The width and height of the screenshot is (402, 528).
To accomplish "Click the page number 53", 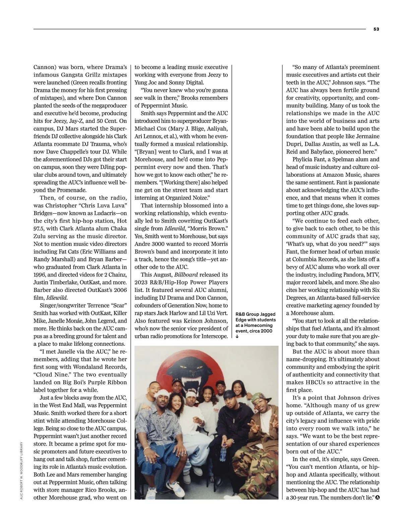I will pyautogui.click(x=376, y=29).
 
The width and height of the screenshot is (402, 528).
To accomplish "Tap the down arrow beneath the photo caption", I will pyautogui.click(x=237, y=337).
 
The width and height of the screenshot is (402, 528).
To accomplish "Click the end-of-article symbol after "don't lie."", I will pyautogui.click(x=378, y=498).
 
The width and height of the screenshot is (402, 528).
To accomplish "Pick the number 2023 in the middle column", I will pyautogui.click(x=141, y=282).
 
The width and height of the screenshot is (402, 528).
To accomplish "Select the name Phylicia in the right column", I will pyautogui.click(x=304, y=159).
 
